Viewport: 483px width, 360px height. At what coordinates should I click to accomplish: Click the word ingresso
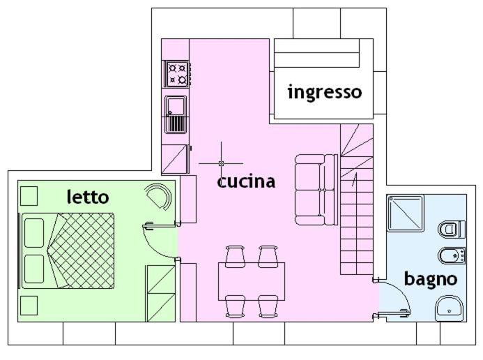coord(324,92)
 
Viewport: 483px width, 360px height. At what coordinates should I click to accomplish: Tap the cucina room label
coord(246,181)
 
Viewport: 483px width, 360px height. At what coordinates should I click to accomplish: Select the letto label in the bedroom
coord(88,197)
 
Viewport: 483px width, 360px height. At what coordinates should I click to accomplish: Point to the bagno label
coord(431,279)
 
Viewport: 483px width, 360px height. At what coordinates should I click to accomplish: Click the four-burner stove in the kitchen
coord(177,73)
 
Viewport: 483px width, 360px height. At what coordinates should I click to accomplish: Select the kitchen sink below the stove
coord(176,114)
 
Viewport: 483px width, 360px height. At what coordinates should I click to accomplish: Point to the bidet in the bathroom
coord(451,255)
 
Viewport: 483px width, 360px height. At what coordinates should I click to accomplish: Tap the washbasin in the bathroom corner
coord(450,307)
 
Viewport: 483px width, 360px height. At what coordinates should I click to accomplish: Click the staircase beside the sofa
coord(356,202)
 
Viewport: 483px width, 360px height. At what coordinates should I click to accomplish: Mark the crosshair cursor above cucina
coord(221,163)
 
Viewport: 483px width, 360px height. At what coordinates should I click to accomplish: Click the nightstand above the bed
coord(29,195)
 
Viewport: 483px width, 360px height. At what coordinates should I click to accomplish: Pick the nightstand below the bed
coord(29,305)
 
